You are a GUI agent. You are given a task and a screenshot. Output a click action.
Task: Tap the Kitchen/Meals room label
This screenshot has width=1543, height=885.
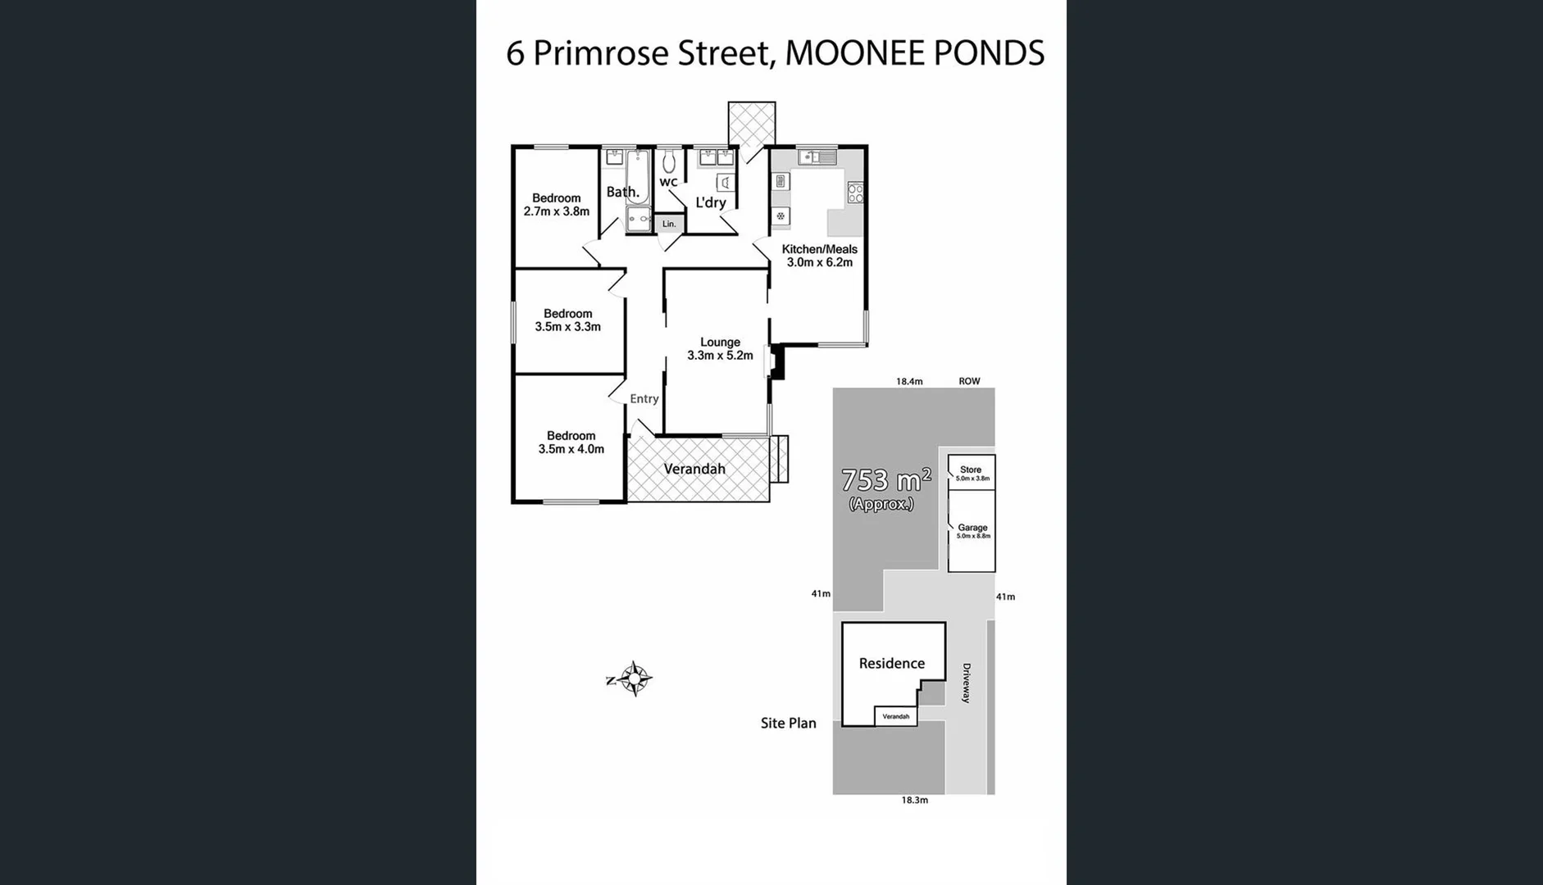(x=819, y=256)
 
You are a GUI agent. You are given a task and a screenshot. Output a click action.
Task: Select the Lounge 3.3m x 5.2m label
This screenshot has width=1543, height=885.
(x=720, y=349)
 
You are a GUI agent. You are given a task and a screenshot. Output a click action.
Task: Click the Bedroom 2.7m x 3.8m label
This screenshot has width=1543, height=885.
(x=556, y=205)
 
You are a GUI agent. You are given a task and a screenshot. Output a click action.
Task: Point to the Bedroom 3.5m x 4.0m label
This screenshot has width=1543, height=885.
(x=571, y=442)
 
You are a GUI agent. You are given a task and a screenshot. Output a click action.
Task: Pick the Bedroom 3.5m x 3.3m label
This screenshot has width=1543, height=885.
(x=567, y=320)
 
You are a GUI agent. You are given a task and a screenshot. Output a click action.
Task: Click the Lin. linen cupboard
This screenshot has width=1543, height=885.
(x=669, y=224)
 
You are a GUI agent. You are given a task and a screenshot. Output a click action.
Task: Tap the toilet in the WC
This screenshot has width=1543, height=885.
(x=669, y=161)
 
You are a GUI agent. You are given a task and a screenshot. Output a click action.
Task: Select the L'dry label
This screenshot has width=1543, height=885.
(x=710, y=202)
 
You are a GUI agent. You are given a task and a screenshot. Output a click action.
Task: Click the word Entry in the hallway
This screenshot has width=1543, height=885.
(x=644, y=399)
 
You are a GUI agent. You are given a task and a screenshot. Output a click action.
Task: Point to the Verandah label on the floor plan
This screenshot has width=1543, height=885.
(x=694, y=470)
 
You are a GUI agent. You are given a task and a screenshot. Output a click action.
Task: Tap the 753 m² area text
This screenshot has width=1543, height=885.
(x=885, y=480)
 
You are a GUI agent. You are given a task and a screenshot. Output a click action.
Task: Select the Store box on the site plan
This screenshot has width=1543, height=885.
(x=972, y=473)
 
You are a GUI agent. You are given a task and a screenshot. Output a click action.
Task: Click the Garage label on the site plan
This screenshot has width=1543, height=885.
(x=972, y=529)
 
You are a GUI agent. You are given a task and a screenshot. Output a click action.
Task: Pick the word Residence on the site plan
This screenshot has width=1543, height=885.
(x=891, y=664)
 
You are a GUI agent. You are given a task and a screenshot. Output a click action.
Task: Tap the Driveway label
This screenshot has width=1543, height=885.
(x=966, y=683)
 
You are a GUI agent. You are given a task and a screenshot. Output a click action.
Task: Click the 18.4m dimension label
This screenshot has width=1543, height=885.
(x=908, y=382)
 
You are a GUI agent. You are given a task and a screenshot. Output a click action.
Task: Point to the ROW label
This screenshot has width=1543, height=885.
(x=969, y=382)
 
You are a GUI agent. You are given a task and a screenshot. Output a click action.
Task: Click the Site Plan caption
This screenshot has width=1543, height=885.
(x=788, y=724)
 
